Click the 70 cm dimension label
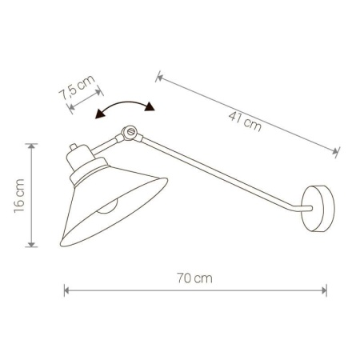pos(194,278)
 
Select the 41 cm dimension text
pos(245,122)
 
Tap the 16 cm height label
pos(19,196)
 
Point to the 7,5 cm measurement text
pos(77,87)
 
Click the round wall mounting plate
pos(318,209)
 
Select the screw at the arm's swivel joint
pos(130,131)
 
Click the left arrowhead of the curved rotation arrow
pos(99,114)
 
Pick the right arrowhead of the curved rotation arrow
pos(150,106)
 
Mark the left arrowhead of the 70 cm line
pos(66,290)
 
